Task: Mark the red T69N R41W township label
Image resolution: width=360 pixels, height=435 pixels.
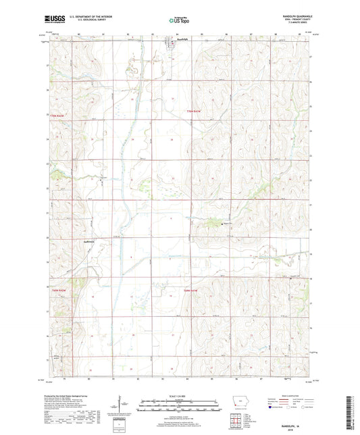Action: (x=193, y=290)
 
